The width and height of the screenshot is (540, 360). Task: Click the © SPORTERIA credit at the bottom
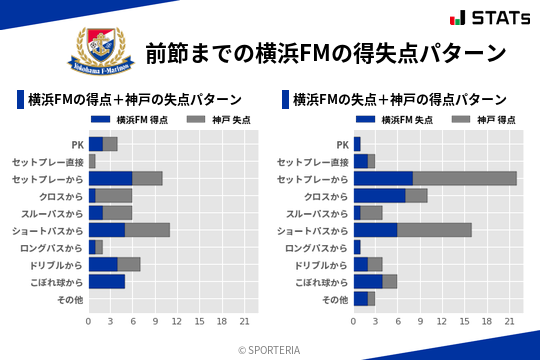[x=270, y=350]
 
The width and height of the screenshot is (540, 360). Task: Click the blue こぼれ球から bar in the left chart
[x=107, y=281]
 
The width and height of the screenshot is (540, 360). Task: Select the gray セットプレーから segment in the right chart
[x=465, y=178]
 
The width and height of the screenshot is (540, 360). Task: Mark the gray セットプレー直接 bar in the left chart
[x=92, y=161]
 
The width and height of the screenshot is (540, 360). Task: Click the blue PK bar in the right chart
[x=357, y=144]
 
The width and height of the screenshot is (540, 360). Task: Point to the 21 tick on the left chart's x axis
[x=243, y=321]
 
